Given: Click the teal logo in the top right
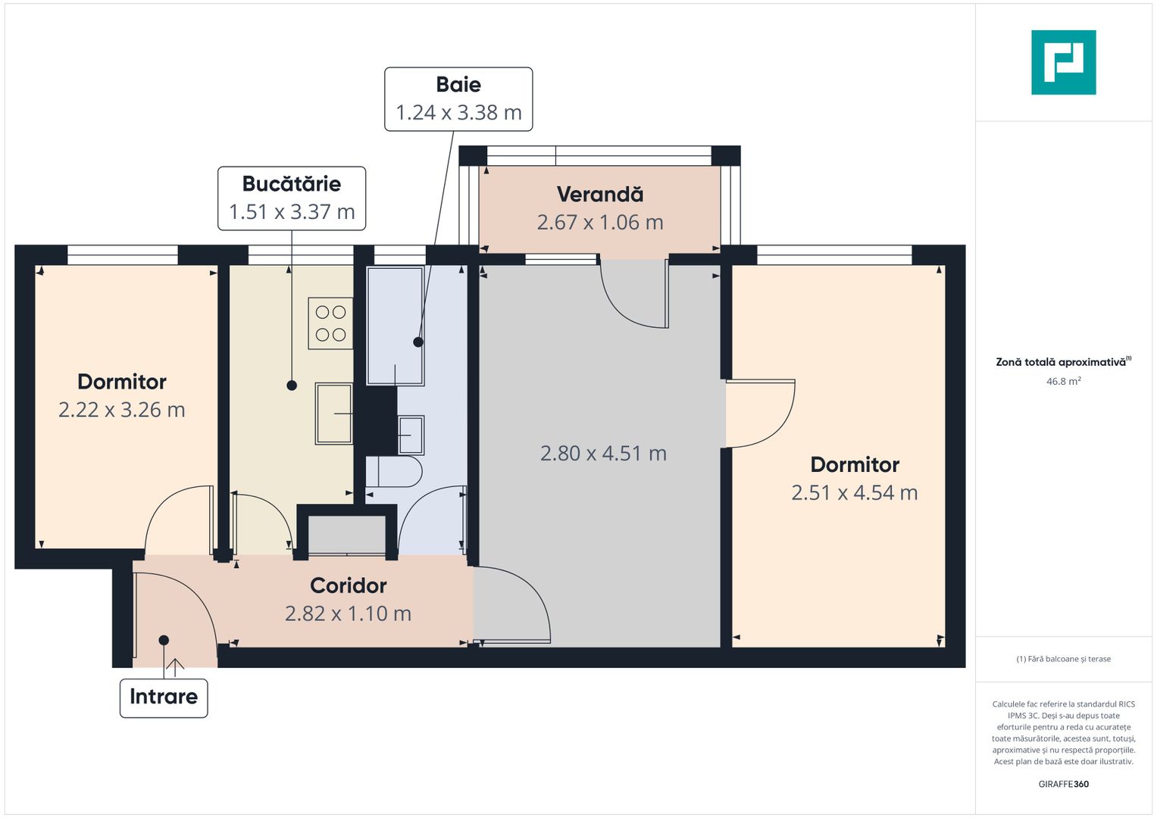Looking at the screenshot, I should (1063, 62).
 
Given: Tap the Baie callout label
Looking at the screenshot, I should (458, 99).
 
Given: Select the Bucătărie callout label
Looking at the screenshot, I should (292, 198).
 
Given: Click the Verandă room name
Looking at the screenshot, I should (600, 195).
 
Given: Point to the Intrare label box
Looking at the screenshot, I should (164, 697).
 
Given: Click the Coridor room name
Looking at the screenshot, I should (349, 585).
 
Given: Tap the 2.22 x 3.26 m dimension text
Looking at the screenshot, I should (122, 410).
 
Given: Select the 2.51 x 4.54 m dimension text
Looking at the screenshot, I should (855, 493).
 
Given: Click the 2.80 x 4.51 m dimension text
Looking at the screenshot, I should (603, 454).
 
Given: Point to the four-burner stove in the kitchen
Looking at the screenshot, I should (330, 323).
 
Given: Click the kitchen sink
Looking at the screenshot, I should (334, 414).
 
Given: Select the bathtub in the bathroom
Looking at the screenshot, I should (395, 326).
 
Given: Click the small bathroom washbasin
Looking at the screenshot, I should (411, 435).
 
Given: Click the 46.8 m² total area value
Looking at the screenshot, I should (1063, 382).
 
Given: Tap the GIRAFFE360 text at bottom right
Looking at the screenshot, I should (1063, 784).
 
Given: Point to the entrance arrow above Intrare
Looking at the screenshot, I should (175, 667).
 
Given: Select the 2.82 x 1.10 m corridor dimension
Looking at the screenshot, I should (349, 613).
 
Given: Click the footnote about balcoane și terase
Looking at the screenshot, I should (1063, 659).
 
